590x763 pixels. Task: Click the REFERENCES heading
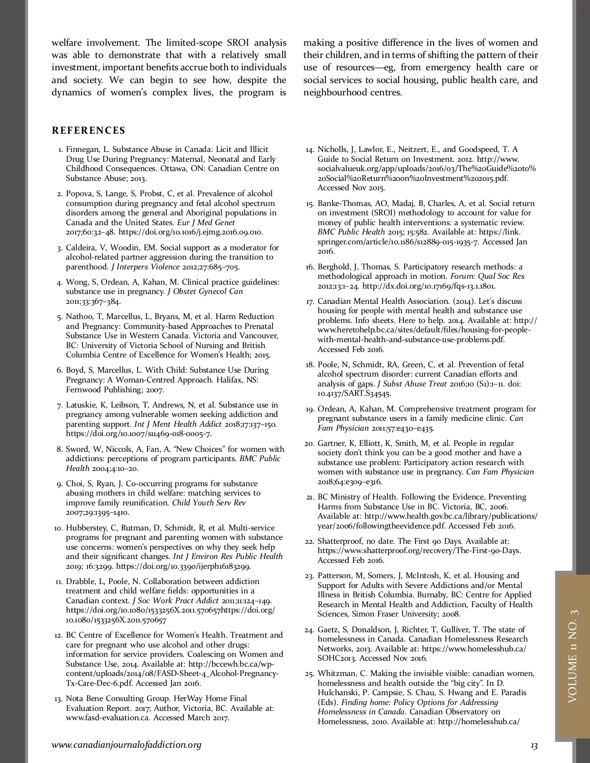click(x=88, y=130)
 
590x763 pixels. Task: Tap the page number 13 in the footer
click(x=534, y=746)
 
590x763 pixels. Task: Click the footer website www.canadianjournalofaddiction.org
click(x=126, y=745)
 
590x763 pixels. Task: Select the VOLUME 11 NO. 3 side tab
click(x=573, y=656)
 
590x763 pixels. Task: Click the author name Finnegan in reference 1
click(x=83, y=149)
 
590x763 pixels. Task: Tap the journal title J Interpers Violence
click(x=146, y=267)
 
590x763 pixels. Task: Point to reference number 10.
click(x=59, y=528)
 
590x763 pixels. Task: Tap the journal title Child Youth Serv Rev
click(x=208, y=503)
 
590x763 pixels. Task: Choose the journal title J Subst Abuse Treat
click(x=412, y=384)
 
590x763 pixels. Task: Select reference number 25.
click(x=309, y=674)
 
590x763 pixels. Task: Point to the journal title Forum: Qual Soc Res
click(x=487, y=276)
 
